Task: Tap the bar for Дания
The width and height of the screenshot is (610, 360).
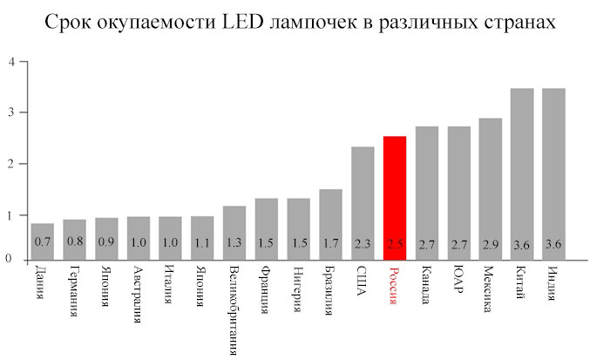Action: pos(42,241)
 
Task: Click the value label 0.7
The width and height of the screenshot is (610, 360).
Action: pos(42,241)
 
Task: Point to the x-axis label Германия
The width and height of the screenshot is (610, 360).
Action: pos(74,291)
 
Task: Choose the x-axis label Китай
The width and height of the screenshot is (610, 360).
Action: pos(522,282)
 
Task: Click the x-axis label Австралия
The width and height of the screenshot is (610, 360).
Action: pos(139,295)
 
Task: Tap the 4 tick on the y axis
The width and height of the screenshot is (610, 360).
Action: pos(10,62)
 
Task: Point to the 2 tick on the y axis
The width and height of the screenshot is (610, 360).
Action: pos(10,164)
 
